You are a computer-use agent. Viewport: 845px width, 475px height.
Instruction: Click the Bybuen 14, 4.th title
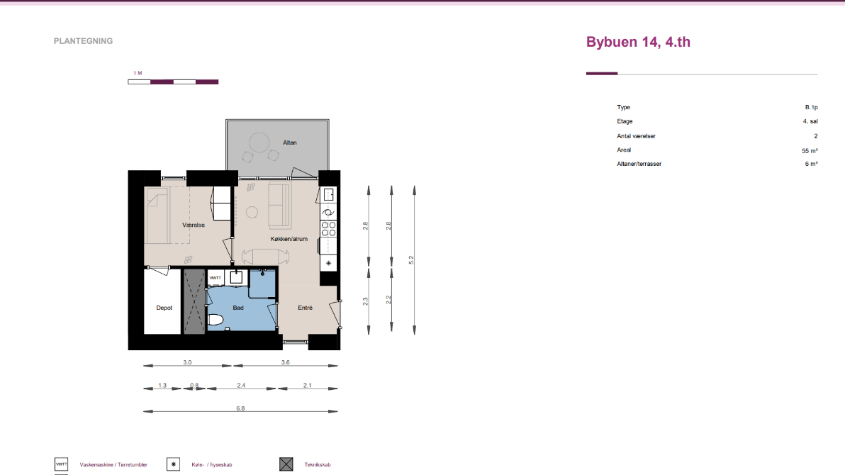(x=638, y=42)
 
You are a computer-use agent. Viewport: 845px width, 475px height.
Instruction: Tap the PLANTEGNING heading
(x=83, y=41)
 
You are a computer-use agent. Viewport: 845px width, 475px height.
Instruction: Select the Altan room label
(x=290, y=142)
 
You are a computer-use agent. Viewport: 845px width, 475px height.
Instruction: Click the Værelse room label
(x=194, y=225)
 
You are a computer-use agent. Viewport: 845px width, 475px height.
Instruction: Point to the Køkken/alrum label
(x=289, y=239)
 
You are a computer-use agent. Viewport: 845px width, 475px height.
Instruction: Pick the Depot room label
(x=164, y=308)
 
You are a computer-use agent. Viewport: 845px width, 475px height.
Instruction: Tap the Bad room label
(x=238, y=308)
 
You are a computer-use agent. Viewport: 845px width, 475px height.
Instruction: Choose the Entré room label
(x=305, y=308)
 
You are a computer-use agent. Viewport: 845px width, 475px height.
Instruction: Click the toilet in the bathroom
(x=216, y=320)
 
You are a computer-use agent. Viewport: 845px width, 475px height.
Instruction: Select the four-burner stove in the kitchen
(x=329, y=229)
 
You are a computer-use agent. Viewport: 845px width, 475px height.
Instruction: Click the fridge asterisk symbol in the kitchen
(x=329, y=263)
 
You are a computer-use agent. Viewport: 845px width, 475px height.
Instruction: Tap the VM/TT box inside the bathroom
(x=215, y=278)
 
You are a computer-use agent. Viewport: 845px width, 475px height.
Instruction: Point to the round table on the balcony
(x=259, y=143)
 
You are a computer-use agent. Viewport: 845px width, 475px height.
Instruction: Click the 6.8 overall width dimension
(x=240, y=408)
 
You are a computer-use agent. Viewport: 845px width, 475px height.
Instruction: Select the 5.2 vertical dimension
(x=411, y=259)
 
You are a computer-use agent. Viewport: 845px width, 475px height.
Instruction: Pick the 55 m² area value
(x=810, y=151)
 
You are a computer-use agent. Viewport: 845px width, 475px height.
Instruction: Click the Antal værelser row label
(x=636, y=136)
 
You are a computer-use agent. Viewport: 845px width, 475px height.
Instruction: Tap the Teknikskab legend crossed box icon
(x=286, y=464)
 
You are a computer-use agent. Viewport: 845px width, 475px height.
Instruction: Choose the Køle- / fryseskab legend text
(x=212, y=465)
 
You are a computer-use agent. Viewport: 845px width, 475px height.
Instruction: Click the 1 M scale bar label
(x=138, y=73)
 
